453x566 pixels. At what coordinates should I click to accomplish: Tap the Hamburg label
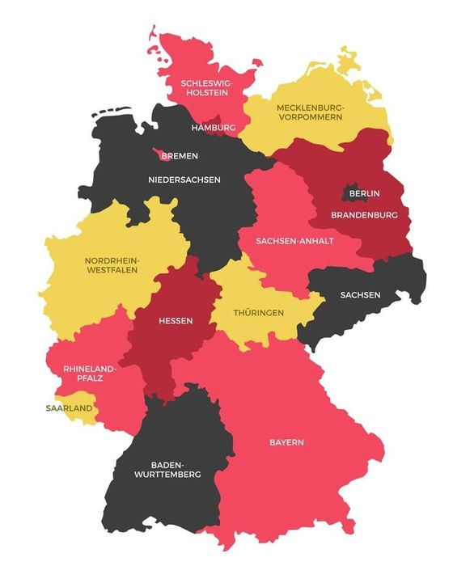coord(214,128)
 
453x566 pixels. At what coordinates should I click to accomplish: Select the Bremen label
coord(180,156)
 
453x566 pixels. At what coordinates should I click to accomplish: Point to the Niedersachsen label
coord(184,179)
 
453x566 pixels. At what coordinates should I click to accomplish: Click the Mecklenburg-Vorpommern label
coord(309,112)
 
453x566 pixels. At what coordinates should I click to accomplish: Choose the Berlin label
coord(364,194)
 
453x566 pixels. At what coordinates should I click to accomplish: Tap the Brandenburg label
coord(364,215)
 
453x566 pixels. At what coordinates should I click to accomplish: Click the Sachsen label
coord(360,294)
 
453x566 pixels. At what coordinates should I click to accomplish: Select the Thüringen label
coord(258,312)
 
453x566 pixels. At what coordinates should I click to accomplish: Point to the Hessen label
coord(176,320)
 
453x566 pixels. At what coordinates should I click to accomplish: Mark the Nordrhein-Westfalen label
coord(111,265)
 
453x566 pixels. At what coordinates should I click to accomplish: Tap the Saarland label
coord(69,408)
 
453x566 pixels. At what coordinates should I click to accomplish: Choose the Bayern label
coord(286,442)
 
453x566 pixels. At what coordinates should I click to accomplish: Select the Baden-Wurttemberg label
coord(176,470)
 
